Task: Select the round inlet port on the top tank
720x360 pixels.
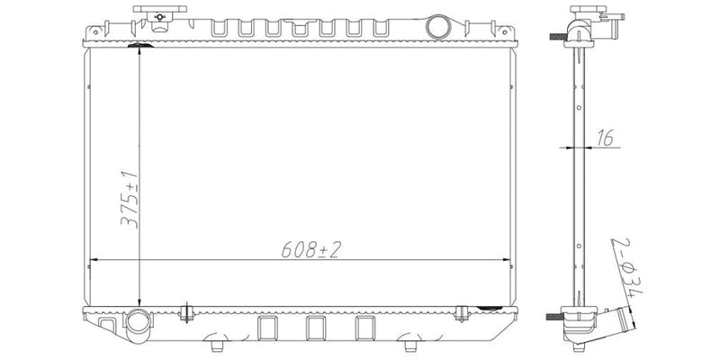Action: (439, 25)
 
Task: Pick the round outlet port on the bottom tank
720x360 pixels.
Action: (138, 321)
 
